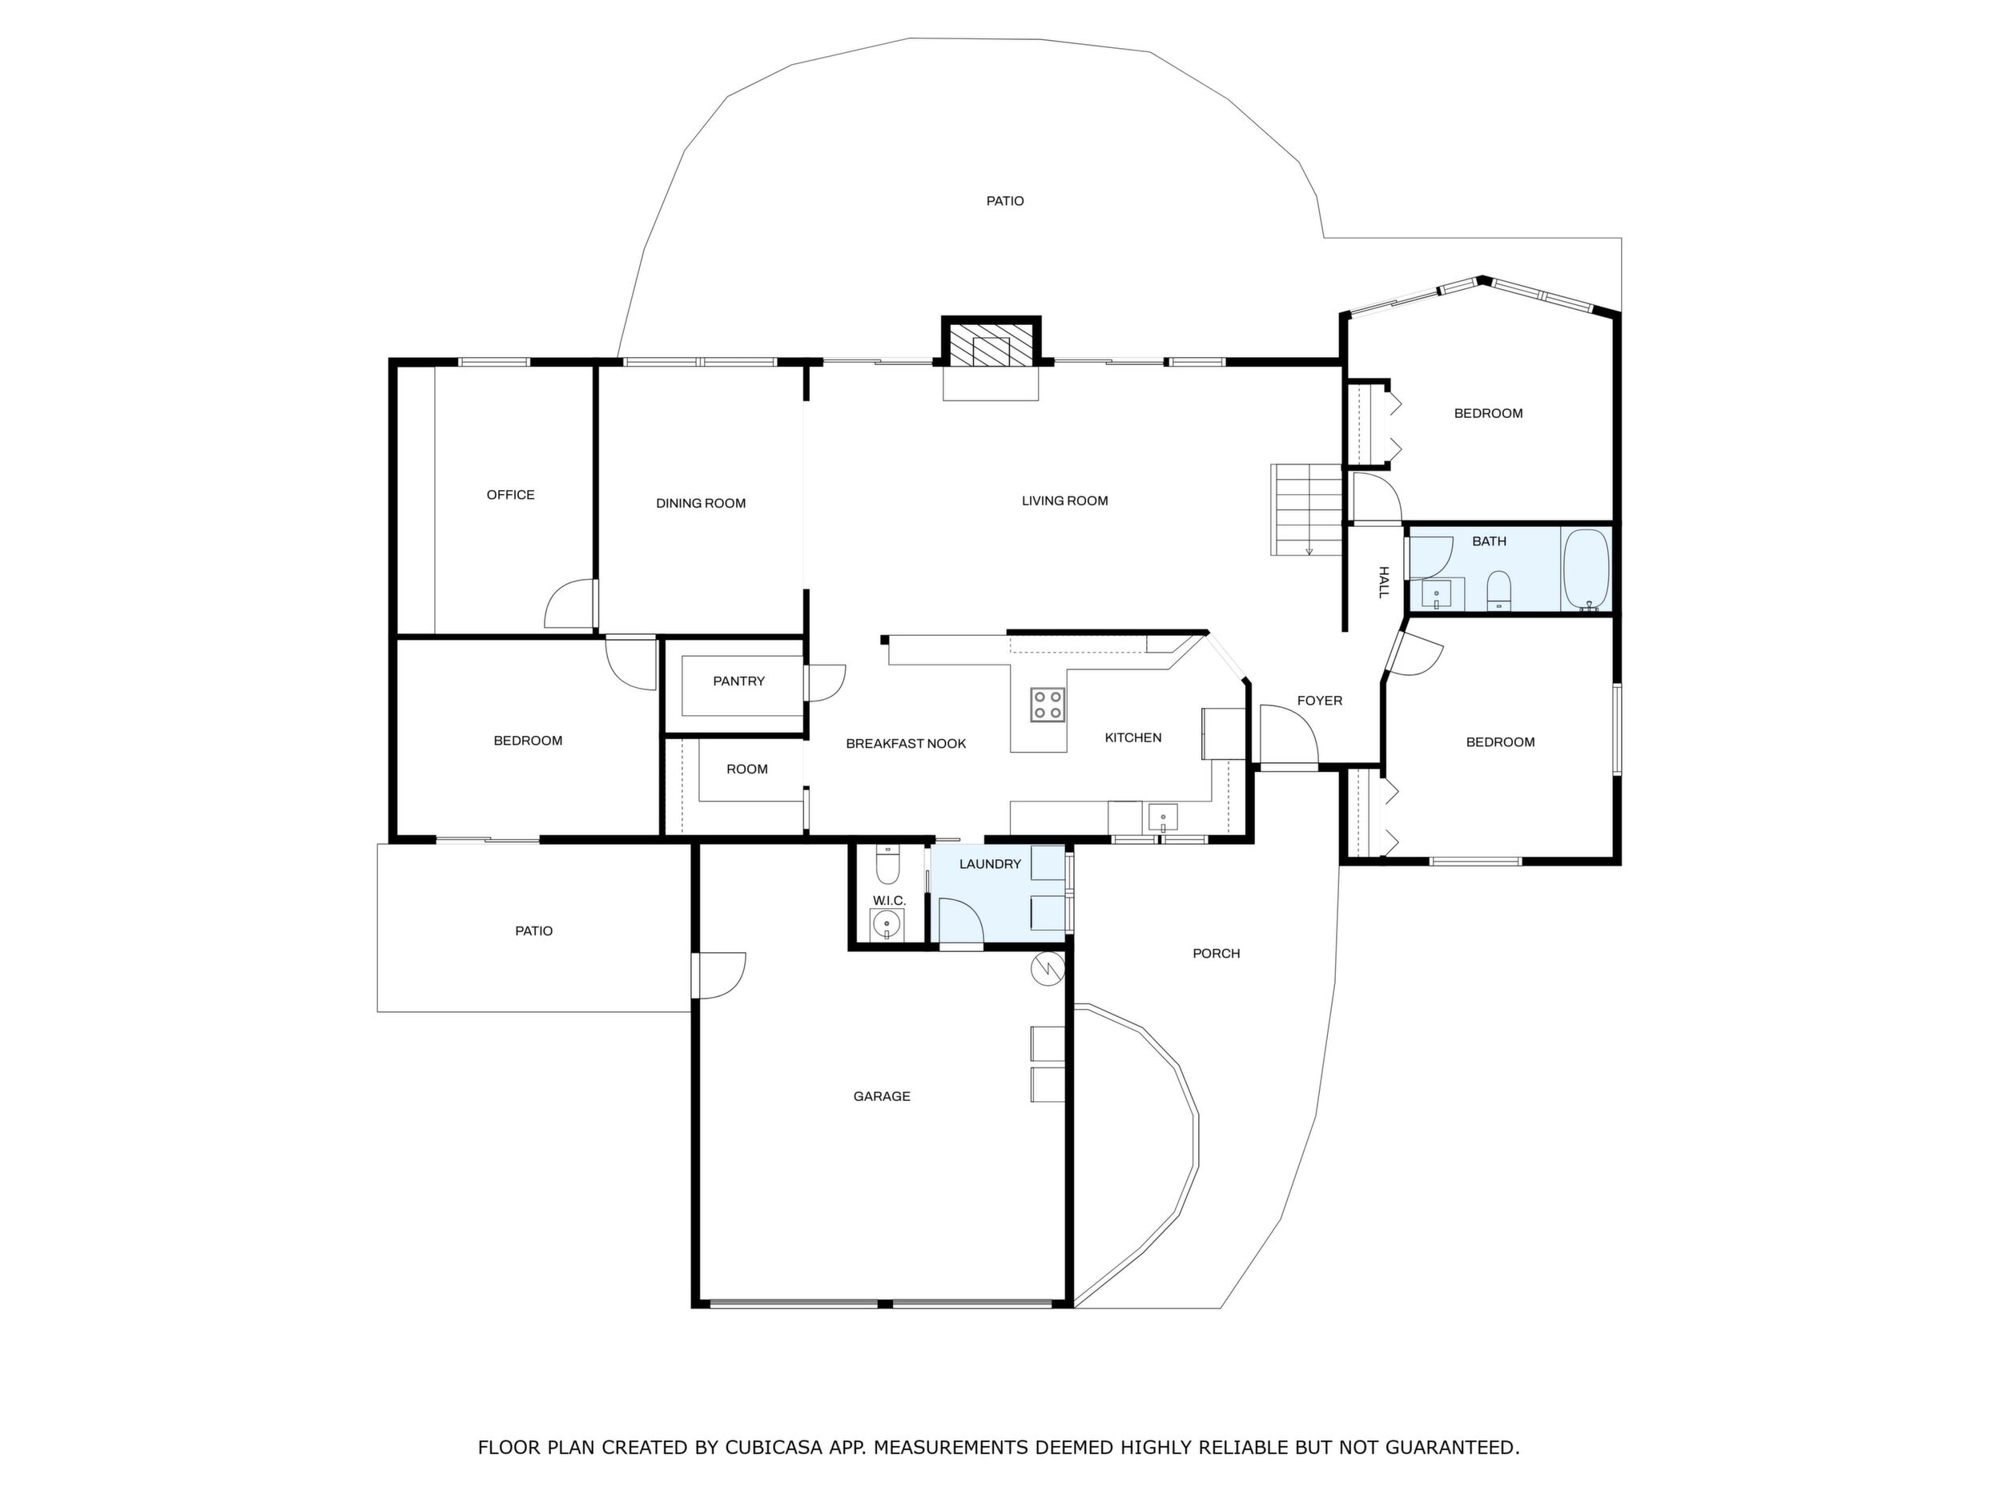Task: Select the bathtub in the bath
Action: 1586,570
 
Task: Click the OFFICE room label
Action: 511,495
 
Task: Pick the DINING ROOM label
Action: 702,504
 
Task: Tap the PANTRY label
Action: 739,681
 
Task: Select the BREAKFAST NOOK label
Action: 907,744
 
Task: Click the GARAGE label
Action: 882,1096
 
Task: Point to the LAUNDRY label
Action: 991,864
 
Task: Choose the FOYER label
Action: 1321,701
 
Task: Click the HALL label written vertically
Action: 1382,582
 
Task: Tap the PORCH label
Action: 1217,953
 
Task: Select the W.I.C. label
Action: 889,901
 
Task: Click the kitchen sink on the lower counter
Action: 1163,818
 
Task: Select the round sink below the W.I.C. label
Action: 887,925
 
